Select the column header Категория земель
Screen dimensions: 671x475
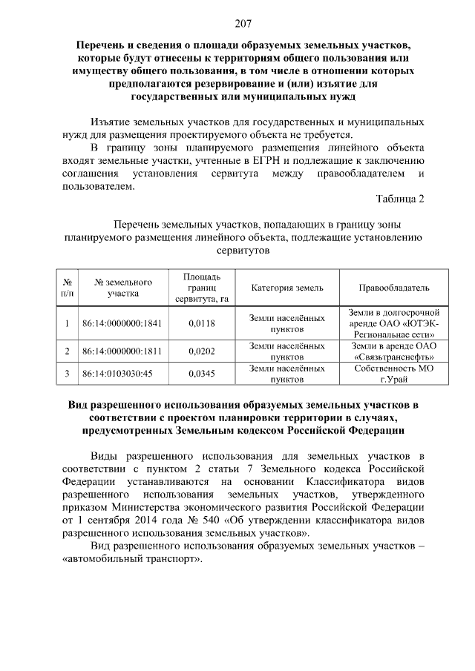tap(286, 288)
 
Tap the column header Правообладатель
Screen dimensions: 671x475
tap(394, 288)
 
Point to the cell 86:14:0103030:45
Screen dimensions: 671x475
tap(117, 374)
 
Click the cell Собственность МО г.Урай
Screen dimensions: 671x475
tap(394, 374)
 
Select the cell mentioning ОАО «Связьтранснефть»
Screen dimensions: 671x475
tap(394, 351)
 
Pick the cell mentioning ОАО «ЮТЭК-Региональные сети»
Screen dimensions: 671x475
tap(394, 323)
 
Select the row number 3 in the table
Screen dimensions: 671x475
tap(67, 374)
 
